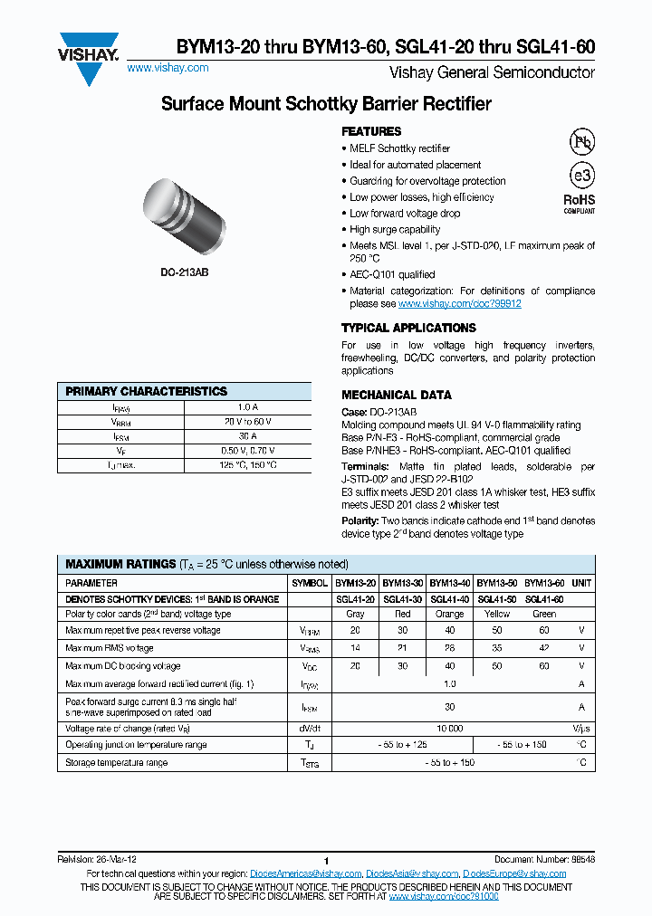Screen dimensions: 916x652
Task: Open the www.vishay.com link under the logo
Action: tap(168, 68)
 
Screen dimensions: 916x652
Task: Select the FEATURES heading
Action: tap(370, 131)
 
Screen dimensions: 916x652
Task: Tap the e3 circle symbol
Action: tap(580, 176)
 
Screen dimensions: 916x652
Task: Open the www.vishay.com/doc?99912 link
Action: tap(459, 304)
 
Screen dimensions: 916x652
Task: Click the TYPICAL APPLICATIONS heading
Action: tap(407, 328)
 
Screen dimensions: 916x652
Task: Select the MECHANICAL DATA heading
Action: tap(396, 395)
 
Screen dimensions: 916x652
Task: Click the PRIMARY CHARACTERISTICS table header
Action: tap(146, 391)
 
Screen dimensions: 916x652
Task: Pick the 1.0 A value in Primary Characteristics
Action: tap(248, 407)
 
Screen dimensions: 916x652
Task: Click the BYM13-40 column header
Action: tap(449, 583)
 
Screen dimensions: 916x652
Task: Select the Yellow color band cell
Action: tap(496, 614)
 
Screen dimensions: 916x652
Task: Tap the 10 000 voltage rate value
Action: tap(449, 728)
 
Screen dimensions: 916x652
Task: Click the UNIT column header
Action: tap(581, 583)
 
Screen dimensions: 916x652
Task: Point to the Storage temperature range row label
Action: tap(116, 763)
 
